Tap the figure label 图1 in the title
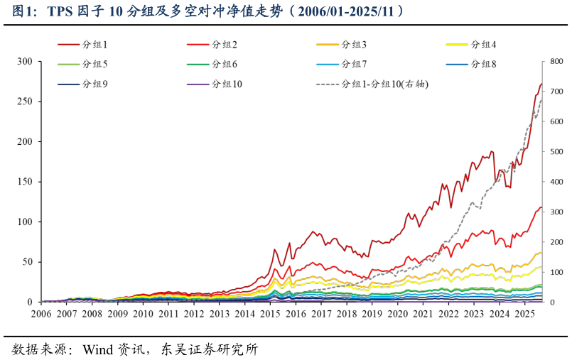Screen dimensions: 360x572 pos(23,11)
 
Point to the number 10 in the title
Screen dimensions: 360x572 pos(116,11)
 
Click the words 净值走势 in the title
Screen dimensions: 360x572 pos(259,11)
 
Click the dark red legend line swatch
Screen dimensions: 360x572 pos(69,44)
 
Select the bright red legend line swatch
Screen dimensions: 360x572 pos(198,44)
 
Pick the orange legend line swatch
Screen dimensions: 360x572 pos(328,44)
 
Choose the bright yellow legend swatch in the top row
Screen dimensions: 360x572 pos(457,44)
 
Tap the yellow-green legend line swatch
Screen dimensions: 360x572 pos(69,64)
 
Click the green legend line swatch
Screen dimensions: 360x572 pos(198,64)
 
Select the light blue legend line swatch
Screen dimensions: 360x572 pos(328,64)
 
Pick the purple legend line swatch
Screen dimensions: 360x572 pos(198,84)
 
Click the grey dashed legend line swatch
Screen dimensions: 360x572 pos(328,84)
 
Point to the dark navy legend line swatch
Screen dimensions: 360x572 pos(69,84)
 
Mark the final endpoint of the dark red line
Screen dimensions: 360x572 pos(541,84)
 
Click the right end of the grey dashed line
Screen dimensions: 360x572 pos(541,99)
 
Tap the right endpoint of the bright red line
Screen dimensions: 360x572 pos(541,207)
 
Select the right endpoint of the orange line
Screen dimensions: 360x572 pos(541,253)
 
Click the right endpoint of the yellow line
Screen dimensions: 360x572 pos(541,268)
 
